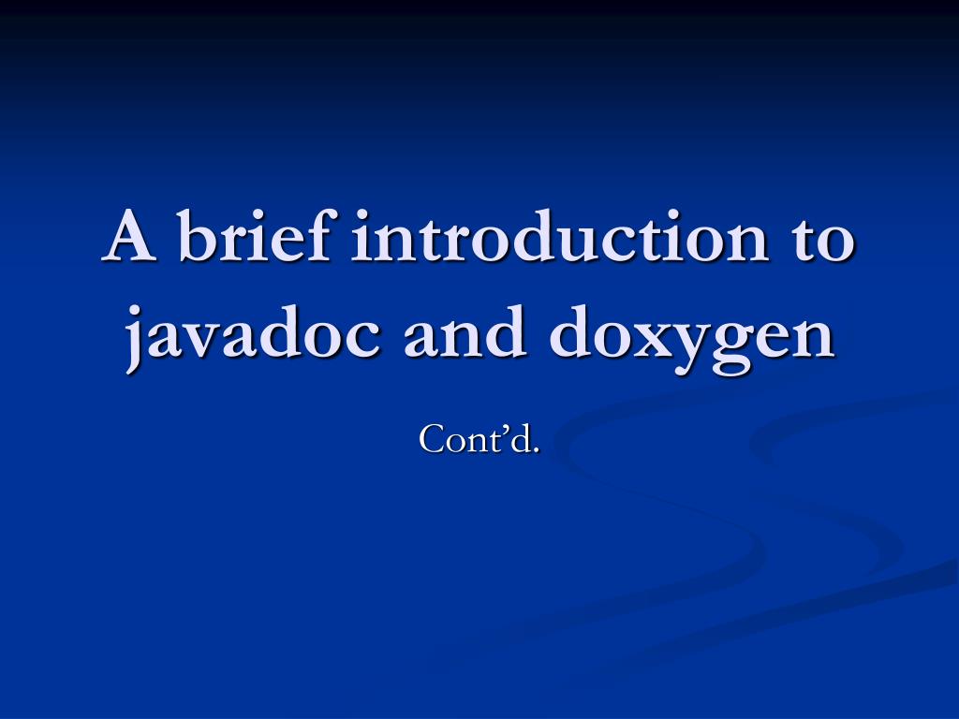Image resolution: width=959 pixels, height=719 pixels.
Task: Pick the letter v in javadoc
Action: click(203, 337)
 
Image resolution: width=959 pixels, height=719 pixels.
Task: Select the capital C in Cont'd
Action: click(432, 438)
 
